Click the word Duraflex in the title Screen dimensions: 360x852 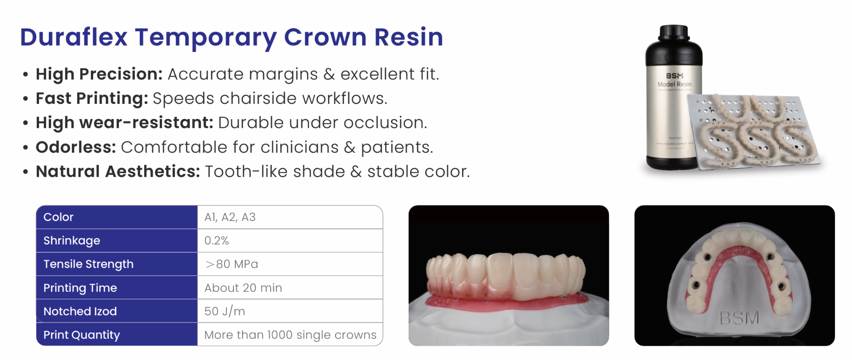click(x=74, y=37)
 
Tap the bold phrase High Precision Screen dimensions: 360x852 click(x=99, y=74)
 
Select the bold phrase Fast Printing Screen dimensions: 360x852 click(x=91, y=99)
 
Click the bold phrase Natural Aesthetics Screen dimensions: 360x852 click(x=118, y=172)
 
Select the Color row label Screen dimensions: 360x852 click(x=59, y=217)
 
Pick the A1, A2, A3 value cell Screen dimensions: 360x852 click(x=230, y=217)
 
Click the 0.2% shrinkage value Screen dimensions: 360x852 click(x=217, y=241)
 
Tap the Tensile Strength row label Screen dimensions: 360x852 click(x=88, y=264)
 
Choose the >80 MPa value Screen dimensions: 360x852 click(x=232, y=264)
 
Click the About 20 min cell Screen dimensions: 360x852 click(x=243, y=288)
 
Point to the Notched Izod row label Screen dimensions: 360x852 click(x=80, y=311)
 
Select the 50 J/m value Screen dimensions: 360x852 click(x=225, y=311)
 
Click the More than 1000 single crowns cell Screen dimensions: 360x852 click(x=290, y=335)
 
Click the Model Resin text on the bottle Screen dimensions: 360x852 click(x=674, y=84)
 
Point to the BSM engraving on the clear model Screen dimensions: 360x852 click(x=739, y=318)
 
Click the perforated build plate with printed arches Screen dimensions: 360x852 click(x=754, y=133)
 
